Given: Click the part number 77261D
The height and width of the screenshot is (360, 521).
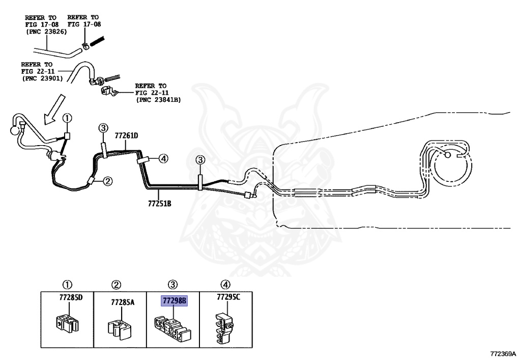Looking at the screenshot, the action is (x=126, y=135).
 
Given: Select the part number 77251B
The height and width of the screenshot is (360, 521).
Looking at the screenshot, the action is (x=159, y=203).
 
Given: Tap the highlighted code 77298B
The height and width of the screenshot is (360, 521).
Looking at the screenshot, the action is (x=175, y=301).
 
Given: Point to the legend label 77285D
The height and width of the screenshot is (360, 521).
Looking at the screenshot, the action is (x=71, y=297).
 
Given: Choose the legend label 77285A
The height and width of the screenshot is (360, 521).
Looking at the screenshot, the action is (x=123, y=302).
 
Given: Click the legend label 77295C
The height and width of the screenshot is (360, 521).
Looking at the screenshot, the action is (x=228, y=297).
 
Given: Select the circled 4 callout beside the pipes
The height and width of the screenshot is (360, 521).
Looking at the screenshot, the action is (x=163, y=159).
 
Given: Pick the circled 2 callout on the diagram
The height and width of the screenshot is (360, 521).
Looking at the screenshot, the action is (x=108, y=181).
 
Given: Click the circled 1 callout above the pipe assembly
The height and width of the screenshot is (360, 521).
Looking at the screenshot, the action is (x=68, y=118).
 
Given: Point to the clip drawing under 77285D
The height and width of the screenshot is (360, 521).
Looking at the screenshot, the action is (x=67, y=323).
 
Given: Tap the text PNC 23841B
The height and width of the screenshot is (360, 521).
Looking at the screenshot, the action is (x=158, y=100).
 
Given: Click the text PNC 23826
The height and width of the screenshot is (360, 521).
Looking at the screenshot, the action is (x=46, y=32).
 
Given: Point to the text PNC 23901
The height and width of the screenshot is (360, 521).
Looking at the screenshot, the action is (x=43, y=79).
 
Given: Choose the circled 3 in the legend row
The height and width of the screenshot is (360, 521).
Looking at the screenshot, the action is (x=173, y=285).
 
